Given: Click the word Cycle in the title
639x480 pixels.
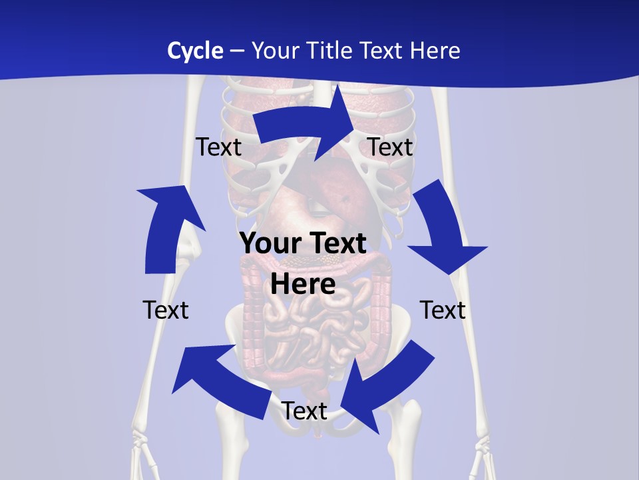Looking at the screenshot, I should point(195,51).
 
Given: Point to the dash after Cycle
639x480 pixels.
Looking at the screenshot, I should point(238,51).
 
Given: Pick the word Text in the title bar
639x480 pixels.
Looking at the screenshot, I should point(380,51).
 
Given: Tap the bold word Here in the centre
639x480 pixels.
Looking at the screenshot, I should point(303,284).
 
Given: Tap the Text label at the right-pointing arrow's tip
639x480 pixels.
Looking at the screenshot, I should point(390,147).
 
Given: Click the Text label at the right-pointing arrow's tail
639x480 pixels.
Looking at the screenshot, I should point(218,147).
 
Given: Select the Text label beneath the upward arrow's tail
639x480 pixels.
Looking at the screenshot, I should point(166,310).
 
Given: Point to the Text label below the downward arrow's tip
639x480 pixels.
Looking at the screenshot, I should point(443,310).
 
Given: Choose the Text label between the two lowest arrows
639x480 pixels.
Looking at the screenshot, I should point(304,411).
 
